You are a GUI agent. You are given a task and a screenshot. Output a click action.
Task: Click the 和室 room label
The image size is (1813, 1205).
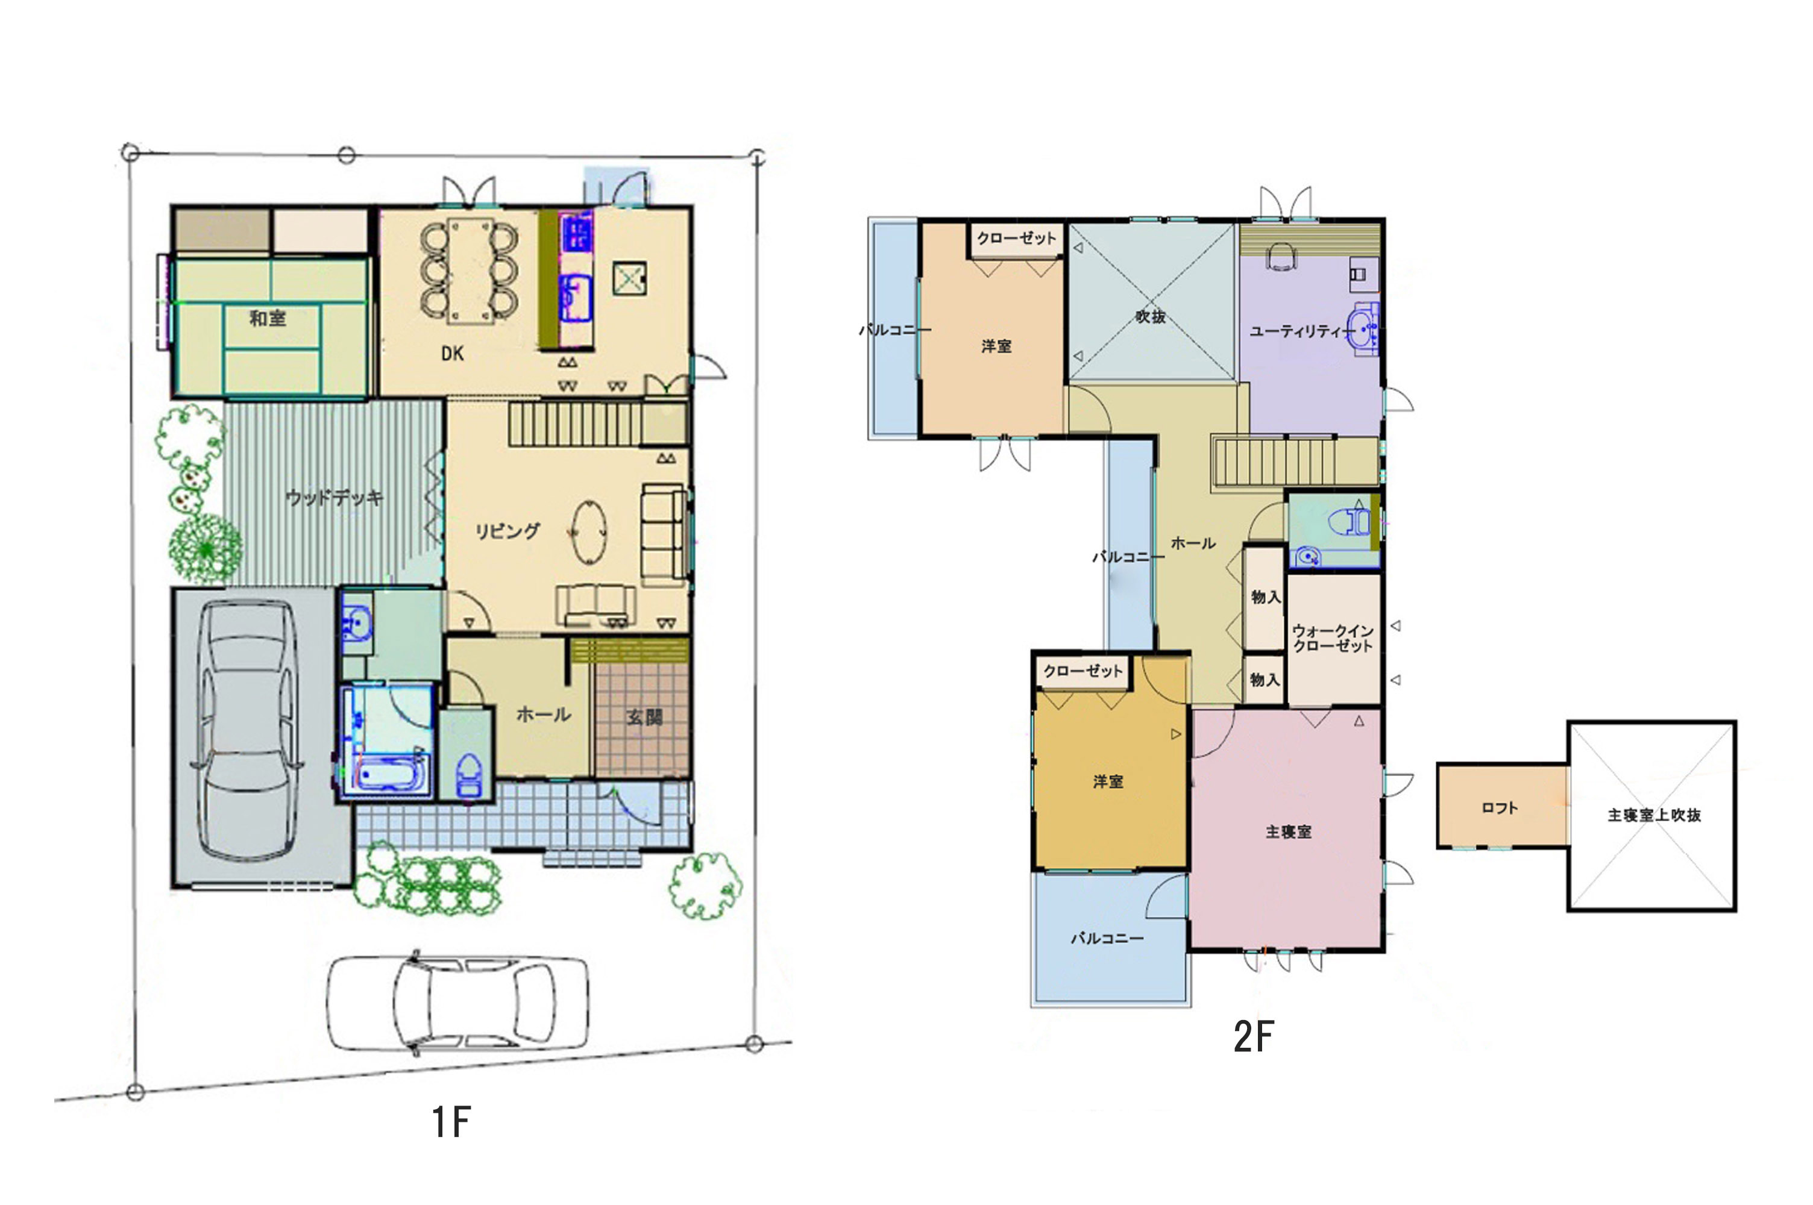pos(268,318)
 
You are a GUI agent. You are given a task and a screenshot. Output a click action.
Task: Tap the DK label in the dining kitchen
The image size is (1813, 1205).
pos(452,354)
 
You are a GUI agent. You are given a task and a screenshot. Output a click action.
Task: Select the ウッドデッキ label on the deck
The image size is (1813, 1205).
pos(335,498)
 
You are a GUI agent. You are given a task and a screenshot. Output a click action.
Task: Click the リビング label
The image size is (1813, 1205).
pos(507,530)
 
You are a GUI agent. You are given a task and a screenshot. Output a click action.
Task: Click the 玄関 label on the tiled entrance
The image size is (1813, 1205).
pos(644,717)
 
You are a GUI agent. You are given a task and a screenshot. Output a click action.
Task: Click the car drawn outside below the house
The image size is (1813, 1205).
pos(458,1003)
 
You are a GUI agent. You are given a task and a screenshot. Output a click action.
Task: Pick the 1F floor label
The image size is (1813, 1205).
pos(451,1121)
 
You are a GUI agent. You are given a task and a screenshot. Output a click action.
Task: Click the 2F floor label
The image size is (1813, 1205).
pos(1254,1037)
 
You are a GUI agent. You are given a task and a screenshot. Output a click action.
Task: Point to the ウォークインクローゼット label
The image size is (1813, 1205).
pos(1333,639)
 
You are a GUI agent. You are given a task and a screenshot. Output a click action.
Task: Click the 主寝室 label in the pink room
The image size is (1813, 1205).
pos(1289,831)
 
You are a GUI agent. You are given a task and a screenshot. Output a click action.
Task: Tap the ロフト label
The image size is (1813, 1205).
pos(1500,808)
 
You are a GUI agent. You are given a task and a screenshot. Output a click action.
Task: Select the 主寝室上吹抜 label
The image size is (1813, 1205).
pos(1654,815)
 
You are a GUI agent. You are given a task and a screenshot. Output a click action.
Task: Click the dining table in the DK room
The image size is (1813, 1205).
pos(470,272)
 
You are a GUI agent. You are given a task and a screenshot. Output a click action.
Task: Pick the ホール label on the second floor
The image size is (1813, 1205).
pos(1193,543)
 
